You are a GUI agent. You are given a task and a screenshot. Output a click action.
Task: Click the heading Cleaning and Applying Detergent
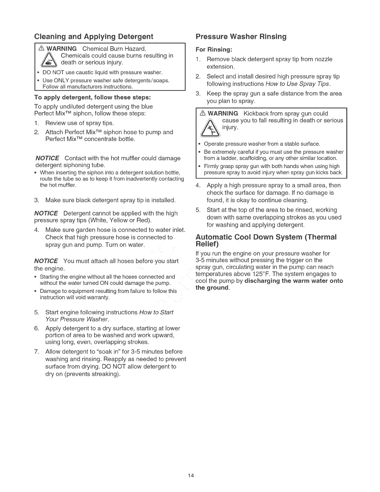(94, 37)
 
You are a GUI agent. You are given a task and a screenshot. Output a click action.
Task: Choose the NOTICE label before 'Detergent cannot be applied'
(46, 213)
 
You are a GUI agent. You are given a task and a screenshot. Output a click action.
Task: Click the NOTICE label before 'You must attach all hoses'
(46, 261)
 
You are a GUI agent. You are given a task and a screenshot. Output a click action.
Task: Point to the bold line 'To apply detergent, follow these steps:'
(93, 97)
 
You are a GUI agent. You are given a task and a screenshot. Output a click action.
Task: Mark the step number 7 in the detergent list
(36, 352)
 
